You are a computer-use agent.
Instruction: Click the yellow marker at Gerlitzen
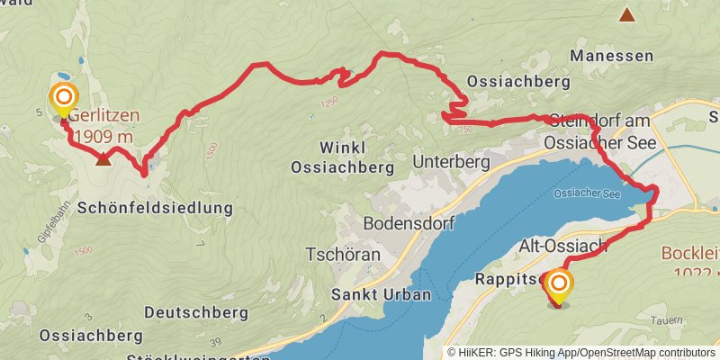(x=63, y=98)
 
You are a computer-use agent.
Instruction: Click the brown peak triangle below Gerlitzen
(x=103, y=159)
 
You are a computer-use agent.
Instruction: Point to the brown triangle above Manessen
(x=626, y=14)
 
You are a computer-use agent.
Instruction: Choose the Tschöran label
(x=343, y=255)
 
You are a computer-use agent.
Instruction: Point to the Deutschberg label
(x=195, y=312)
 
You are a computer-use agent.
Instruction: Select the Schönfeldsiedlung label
(x=156, y=207)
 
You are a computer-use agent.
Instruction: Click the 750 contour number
(x=465, y=130)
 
